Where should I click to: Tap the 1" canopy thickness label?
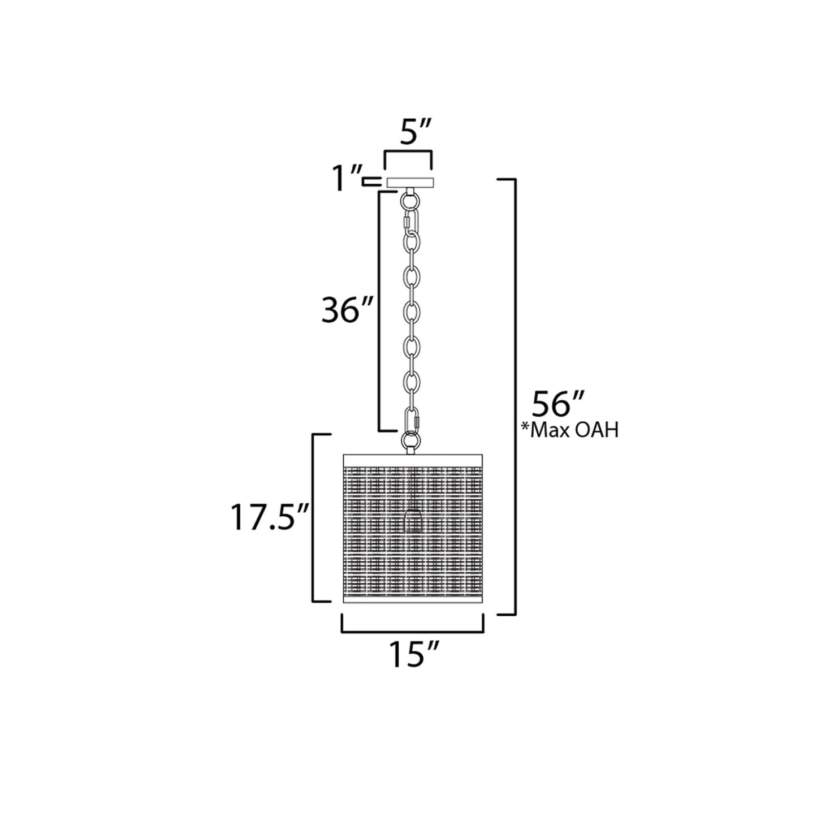click(346, 180)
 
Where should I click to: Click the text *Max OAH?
click(569, 431)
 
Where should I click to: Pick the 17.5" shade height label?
click(269, 518)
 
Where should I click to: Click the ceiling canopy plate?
click(411, 182)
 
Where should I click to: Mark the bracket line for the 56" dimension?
click(515, 396)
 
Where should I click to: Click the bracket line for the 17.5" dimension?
click(314, 518)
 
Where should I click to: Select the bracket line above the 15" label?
click(412, 631)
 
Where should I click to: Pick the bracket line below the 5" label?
click(408, 152)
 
